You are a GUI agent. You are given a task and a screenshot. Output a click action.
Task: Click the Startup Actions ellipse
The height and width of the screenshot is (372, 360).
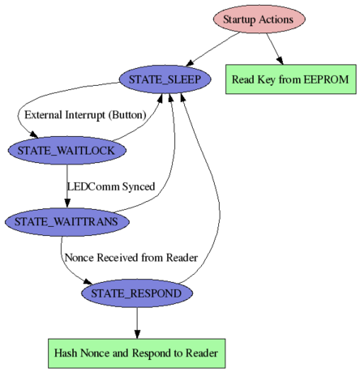click(x=259, y=19)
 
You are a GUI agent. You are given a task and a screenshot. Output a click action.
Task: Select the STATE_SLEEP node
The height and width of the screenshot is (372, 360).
click(x=165, y=79)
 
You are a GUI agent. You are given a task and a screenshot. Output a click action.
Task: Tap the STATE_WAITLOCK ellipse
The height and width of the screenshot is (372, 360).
click(x=67, y=151)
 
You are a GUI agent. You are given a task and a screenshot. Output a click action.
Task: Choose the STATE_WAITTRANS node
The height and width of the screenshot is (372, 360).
click(x=67, y=222)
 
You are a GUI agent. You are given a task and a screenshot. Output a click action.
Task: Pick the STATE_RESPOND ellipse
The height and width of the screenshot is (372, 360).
click(x=137, y=293)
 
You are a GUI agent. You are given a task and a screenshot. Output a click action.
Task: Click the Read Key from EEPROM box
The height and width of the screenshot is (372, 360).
click(x=291, y=79)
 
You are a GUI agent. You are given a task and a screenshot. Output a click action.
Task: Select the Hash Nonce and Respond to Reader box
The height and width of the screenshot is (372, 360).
click(x=137, y=353)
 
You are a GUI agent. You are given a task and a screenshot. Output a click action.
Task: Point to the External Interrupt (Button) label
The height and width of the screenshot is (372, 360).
click(x=85, y=115)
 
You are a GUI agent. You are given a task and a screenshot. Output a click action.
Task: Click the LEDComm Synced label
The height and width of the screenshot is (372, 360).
click(x=111, y=186)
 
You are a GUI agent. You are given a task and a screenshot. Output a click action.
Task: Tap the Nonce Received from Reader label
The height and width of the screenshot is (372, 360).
click(x=131, y=258)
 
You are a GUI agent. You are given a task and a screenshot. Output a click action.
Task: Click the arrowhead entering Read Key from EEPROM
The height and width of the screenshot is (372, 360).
click(x=280, y=61)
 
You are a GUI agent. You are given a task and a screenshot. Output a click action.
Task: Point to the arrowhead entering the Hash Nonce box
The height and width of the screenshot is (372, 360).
click(x=137, y=334)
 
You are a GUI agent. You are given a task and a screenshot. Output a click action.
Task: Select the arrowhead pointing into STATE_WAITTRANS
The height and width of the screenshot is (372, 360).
click(x=67, y=203)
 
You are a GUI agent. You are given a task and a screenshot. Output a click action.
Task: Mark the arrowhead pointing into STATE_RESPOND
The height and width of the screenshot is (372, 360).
click(x=88, y=281)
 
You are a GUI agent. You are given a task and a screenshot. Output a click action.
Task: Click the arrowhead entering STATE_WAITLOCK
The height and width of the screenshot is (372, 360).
click(x=34, y=135)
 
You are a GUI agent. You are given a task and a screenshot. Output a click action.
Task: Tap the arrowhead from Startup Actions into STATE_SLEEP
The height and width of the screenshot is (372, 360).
click(x=190, y=62)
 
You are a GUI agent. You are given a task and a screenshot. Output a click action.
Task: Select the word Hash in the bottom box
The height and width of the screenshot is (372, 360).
click(x=66, y=353)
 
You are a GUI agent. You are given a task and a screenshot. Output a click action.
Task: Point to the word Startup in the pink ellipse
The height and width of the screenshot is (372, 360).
click(x=239, y=19)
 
